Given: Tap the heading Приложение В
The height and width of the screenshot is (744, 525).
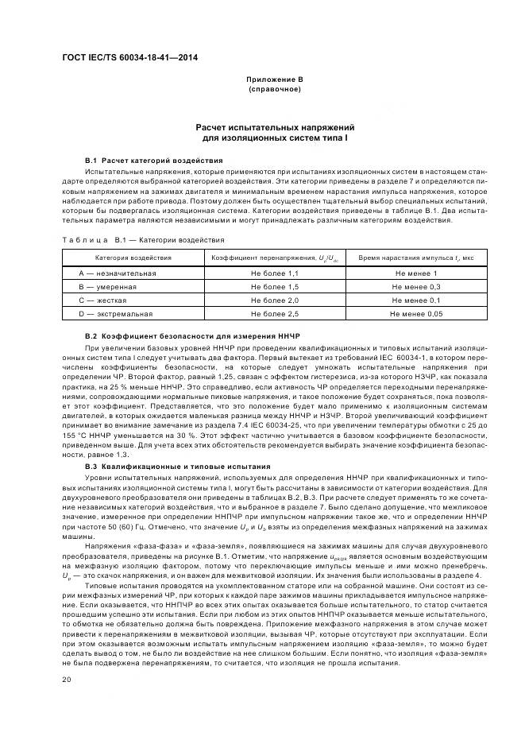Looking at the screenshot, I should click(275, 79).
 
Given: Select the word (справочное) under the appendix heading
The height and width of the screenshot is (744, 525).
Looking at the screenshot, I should click(275, 89).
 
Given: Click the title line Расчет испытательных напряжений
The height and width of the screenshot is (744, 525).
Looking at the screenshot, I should click(275, 127).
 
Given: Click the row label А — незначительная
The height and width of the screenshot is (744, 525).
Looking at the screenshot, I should click(118, 273).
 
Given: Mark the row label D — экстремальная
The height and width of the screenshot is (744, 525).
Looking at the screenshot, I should click(116, 314).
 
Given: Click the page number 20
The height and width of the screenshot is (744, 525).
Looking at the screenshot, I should click(68, 678).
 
